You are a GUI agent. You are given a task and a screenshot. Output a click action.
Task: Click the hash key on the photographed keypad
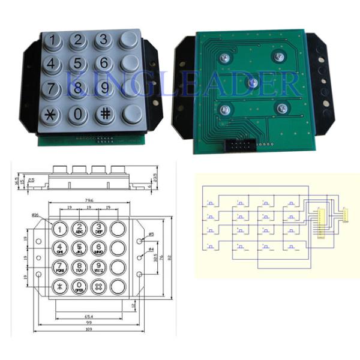tap(104, 113)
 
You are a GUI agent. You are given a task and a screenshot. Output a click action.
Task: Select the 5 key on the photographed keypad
tap(79, 63)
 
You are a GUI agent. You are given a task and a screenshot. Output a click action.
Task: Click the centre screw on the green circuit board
tap(253, 83)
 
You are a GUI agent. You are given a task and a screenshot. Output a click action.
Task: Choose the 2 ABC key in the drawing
tap(80, 229)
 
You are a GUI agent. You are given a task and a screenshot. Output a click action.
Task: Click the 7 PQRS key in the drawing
tap(59, 268)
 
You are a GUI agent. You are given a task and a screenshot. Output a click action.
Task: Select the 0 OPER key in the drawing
tap(80, 286)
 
